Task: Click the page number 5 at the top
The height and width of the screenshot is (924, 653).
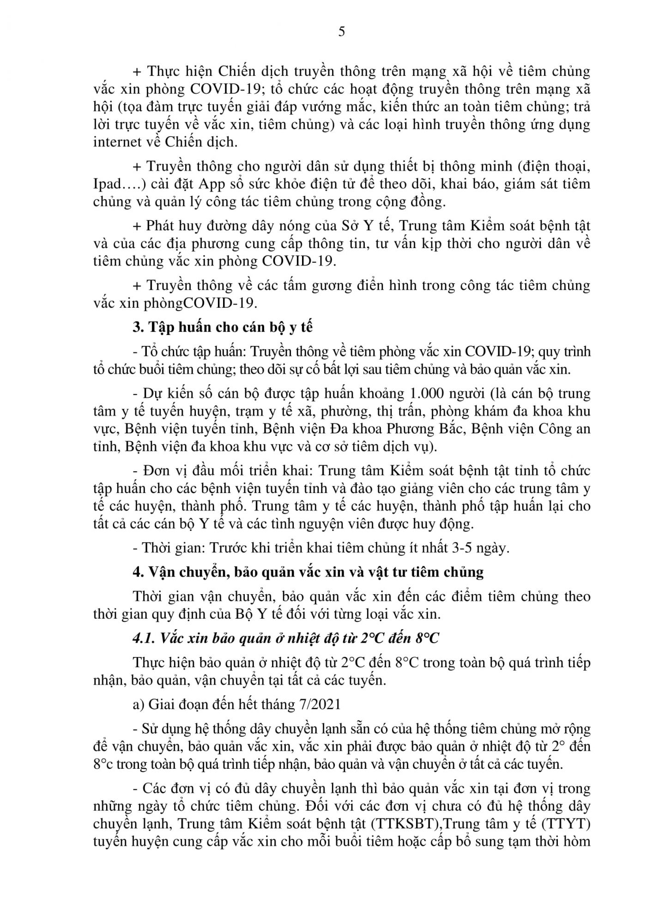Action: coord(342,32)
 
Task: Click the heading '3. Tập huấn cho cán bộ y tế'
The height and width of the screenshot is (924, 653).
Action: coord(222,327)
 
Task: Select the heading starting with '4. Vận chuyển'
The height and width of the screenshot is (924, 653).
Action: coord(308,572)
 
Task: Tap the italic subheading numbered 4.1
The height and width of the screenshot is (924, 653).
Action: coord(285,638)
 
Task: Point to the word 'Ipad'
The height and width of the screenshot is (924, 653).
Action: coord(109,184)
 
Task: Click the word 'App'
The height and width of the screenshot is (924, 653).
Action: coord(212,184)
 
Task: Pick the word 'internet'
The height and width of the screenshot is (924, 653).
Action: coord(116,142)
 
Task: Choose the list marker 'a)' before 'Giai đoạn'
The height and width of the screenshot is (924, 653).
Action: coord(138,704)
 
